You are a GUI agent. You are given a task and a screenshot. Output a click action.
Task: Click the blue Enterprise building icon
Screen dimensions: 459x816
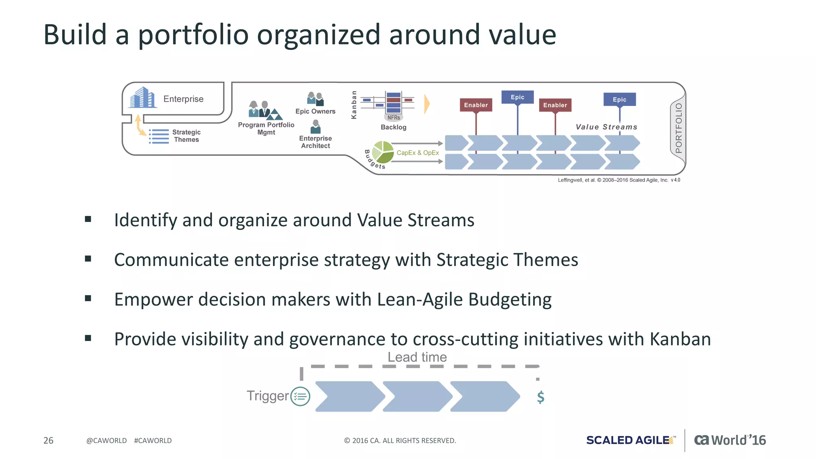tap(142, 98)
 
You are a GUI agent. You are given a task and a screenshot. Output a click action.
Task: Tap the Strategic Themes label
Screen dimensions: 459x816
tap(186, 136)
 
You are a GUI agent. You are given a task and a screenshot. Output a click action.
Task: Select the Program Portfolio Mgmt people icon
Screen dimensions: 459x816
tap(265, 110)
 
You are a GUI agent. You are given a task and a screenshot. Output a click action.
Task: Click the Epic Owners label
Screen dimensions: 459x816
tap(315, 112)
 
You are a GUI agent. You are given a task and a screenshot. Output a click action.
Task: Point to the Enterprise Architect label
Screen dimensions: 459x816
tap(315, 142)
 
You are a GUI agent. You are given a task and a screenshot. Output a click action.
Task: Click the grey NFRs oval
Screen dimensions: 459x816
tap(394, 118)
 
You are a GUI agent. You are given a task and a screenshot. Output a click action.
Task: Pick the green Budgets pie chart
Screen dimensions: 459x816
tap(383, 152)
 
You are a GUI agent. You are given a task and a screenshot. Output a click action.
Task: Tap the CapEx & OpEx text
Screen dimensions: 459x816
tap(418, 153)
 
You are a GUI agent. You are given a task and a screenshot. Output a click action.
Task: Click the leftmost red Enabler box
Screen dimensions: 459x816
tap(476, 105)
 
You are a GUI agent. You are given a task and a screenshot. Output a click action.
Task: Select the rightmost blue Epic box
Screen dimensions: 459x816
tap(619, 100)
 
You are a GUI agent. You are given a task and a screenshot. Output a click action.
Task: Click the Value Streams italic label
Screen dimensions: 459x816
tap(606, 127)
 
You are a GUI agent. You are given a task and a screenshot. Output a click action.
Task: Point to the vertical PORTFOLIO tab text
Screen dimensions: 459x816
tap(679, 128)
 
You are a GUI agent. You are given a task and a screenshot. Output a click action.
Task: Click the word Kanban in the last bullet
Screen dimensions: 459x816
tap(680, 339)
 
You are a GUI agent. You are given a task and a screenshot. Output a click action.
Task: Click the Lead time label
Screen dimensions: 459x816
tap(417, 357)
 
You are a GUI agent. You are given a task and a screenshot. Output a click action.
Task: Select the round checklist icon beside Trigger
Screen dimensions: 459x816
tap(300, 396)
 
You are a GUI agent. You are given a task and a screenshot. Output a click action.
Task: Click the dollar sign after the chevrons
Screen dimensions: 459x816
tap(540, 397)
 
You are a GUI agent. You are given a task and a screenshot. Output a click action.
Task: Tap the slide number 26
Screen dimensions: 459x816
tap(48, 440)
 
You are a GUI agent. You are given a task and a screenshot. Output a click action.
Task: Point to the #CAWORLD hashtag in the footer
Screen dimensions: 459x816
tap(153, 441)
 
